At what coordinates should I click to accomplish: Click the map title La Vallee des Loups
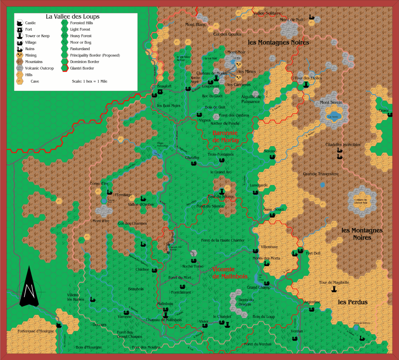click(72, 17)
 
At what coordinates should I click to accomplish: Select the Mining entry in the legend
click(31, 55)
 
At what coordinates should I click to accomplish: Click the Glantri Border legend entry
click(82, 68)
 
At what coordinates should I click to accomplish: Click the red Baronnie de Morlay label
click(226, 136)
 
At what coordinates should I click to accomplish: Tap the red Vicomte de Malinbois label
click(230, 273)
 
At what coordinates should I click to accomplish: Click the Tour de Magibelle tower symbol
click(334, 289)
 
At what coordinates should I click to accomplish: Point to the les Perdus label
click(353, 302)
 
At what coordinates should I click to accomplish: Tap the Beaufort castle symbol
click(160, 92)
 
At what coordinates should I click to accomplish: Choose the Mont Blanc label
click(195, 25)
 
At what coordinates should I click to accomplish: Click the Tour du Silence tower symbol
click(222, 191)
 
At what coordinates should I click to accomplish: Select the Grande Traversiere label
click(321, 174)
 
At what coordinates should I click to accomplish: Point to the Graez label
click(384, 111)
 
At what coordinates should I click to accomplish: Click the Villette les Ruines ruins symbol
click(93, 299)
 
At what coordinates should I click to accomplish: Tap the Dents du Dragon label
click(246, 302)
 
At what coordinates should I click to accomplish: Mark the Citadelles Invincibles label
click(343, 145)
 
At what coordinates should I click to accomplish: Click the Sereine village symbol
click(272, 157)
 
